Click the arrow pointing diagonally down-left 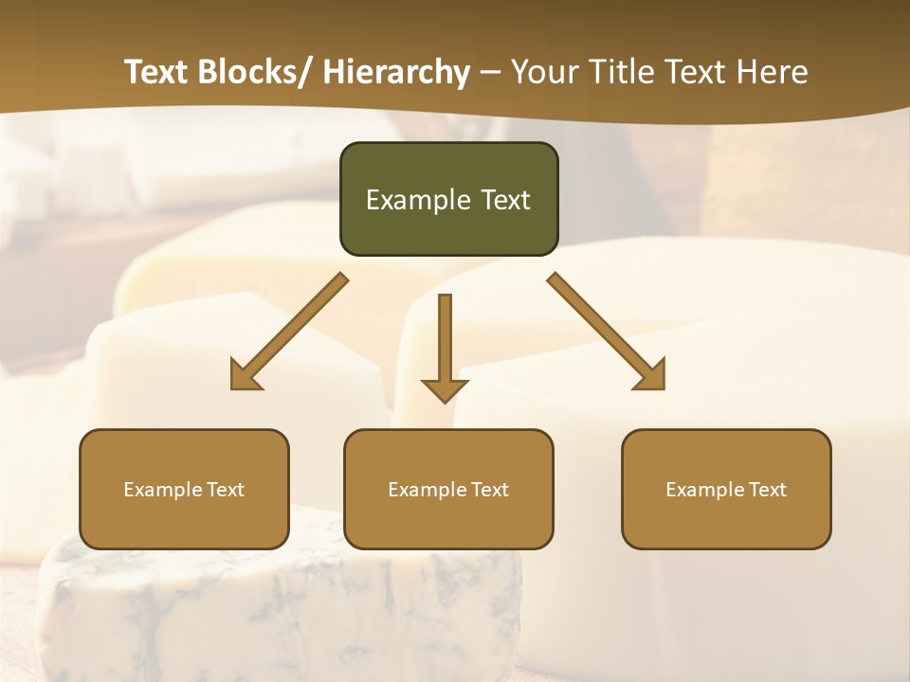pyautogui.click(x=290, y=331)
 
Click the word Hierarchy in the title pyautogui.click(x=396, y=72)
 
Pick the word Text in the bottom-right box pyautogui.click(x=767, y=490)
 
